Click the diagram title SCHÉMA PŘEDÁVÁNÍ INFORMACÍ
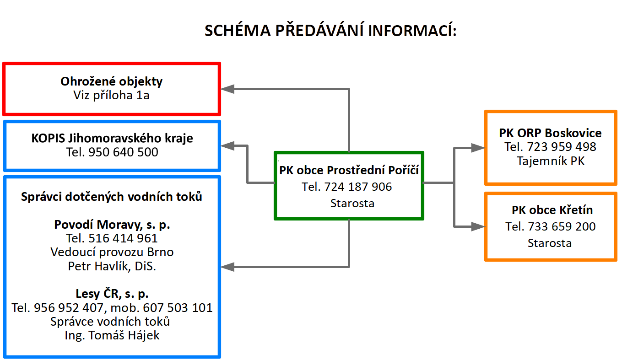pyautogui.click(x=330, y=30)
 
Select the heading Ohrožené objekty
pyautogui.click(x=111, y=81)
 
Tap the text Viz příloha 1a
pyautogui.click(x=111, y=95)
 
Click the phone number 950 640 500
pyautogui.click(x=123, y=152)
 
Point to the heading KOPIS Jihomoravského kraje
pyautogui.click(x=112, y=138)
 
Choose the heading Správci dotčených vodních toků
pyautogui.click(x=112, y=197)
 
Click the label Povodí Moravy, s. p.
pyautogui.click(x=112, y=225)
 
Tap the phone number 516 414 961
pyautogui.click(x=123, y=238)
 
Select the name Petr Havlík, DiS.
pyautogui.click(x=112, y=266)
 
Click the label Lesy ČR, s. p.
pyautogui.click(x=112, y=294)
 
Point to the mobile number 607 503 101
pyautogui.click(x=178, y=308)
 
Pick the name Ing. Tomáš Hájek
pyautogui.click(x=112, y=335)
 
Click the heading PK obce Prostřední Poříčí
pyautogui.click(x=349, y=170)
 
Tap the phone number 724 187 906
pyautogui.click(x=358, y=187)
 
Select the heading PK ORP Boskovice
pyautogui.click(x=550, y=133)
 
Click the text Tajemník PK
pyautogui.click(x=550, y=161)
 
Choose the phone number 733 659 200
pyautogui.click(x=562, y=226)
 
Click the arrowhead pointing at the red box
pyautogui.click(x=227, y=89)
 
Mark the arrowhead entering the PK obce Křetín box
pyautogui.click(x=478, y=226)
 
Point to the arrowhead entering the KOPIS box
pyautogui.click(x=227, y=146)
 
